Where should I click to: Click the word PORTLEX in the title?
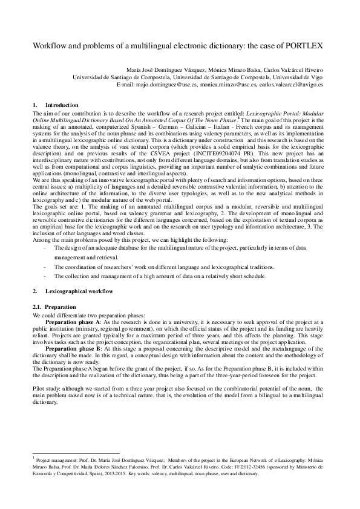tap(306, 46)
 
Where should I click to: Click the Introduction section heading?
tap(62, 105)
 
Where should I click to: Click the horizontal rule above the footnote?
tap(76, 453)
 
